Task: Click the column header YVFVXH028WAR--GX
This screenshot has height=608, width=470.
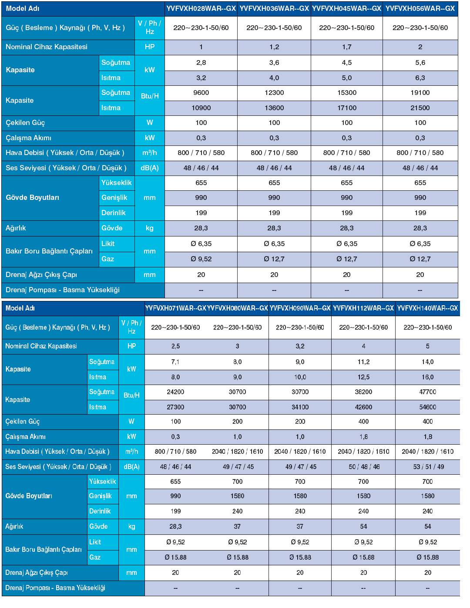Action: click(201, 8)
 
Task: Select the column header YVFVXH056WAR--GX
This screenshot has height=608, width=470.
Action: click(420, 8)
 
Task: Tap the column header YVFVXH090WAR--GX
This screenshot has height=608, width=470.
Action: click(300, 308)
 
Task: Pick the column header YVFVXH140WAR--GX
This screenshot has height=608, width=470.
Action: click(427, 308)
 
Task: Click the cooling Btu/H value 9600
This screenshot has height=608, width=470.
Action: click(201, 93)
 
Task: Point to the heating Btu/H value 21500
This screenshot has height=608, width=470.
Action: click(420, 108)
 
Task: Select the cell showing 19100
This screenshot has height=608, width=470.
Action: click(420, 93)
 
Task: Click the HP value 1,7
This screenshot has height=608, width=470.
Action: click(347, 47)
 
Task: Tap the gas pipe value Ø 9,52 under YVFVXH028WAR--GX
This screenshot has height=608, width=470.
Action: click(201, 259)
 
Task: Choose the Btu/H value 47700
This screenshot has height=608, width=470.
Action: click(427, 392)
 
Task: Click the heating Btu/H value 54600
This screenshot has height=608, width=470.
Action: click(427, 407)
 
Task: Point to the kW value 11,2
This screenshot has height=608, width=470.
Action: click(363, 362)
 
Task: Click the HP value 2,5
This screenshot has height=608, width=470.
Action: click(175, 346)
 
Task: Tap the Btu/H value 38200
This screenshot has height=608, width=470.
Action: click(363, 392)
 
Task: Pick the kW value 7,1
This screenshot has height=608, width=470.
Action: click(175, 362)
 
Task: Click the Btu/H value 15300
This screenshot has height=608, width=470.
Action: click(347, 93)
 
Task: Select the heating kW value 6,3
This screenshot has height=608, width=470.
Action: click(420, 78)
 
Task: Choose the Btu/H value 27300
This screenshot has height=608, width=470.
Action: click(175, 407)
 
